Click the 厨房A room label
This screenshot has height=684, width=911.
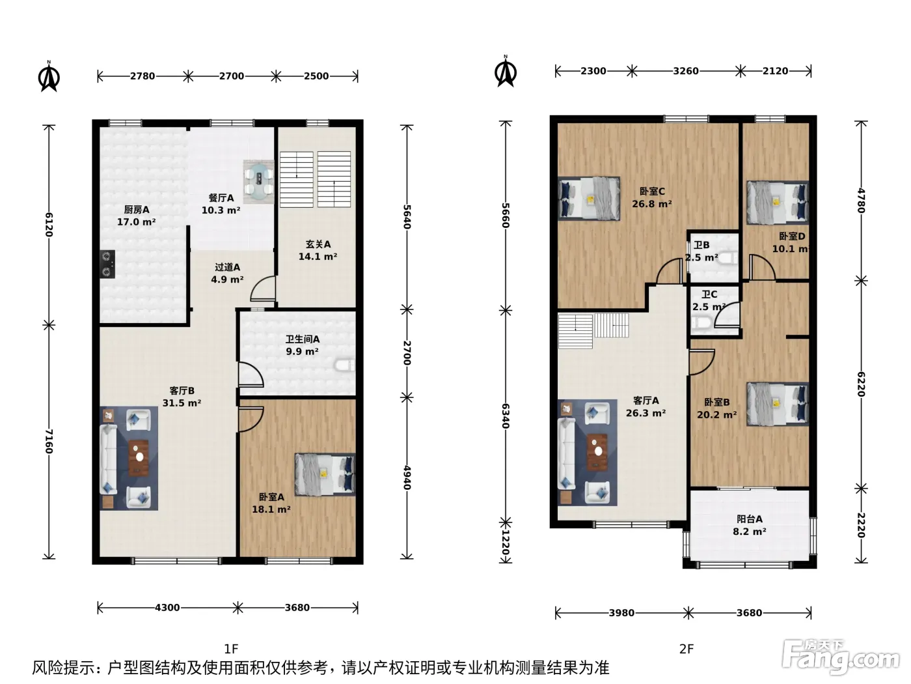pos(137,210)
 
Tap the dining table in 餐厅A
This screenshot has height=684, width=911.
pos(258,182)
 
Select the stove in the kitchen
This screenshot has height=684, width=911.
pos(107,264)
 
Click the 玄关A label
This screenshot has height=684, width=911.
pos(318,244)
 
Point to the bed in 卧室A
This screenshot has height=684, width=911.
pos(325,474)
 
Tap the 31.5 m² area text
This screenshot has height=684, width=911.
pos(182,403)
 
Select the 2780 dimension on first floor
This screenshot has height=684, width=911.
pos(143,76)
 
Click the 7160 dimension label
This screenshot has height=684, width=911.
pos(49,442)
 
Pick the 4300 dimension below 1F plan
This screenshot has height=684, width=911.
pos(167,608)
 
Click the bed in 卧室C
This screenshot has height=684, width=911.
pos(589,199)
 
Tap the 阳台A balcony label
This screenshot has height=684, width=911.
pos(750,519)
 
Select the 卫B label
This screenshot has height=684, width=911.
pos(701,245)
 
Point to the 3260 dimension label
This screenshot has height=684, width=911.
pos(686,71)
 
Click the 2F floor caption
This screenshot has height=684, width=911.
pos(687,649)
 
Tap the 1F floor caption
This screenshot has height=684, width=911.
pos(231,649)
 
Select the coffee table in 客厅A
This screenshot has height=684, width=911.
pos(597,451)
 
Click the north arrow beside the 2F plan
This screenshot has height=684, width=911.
pos(506,72)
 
